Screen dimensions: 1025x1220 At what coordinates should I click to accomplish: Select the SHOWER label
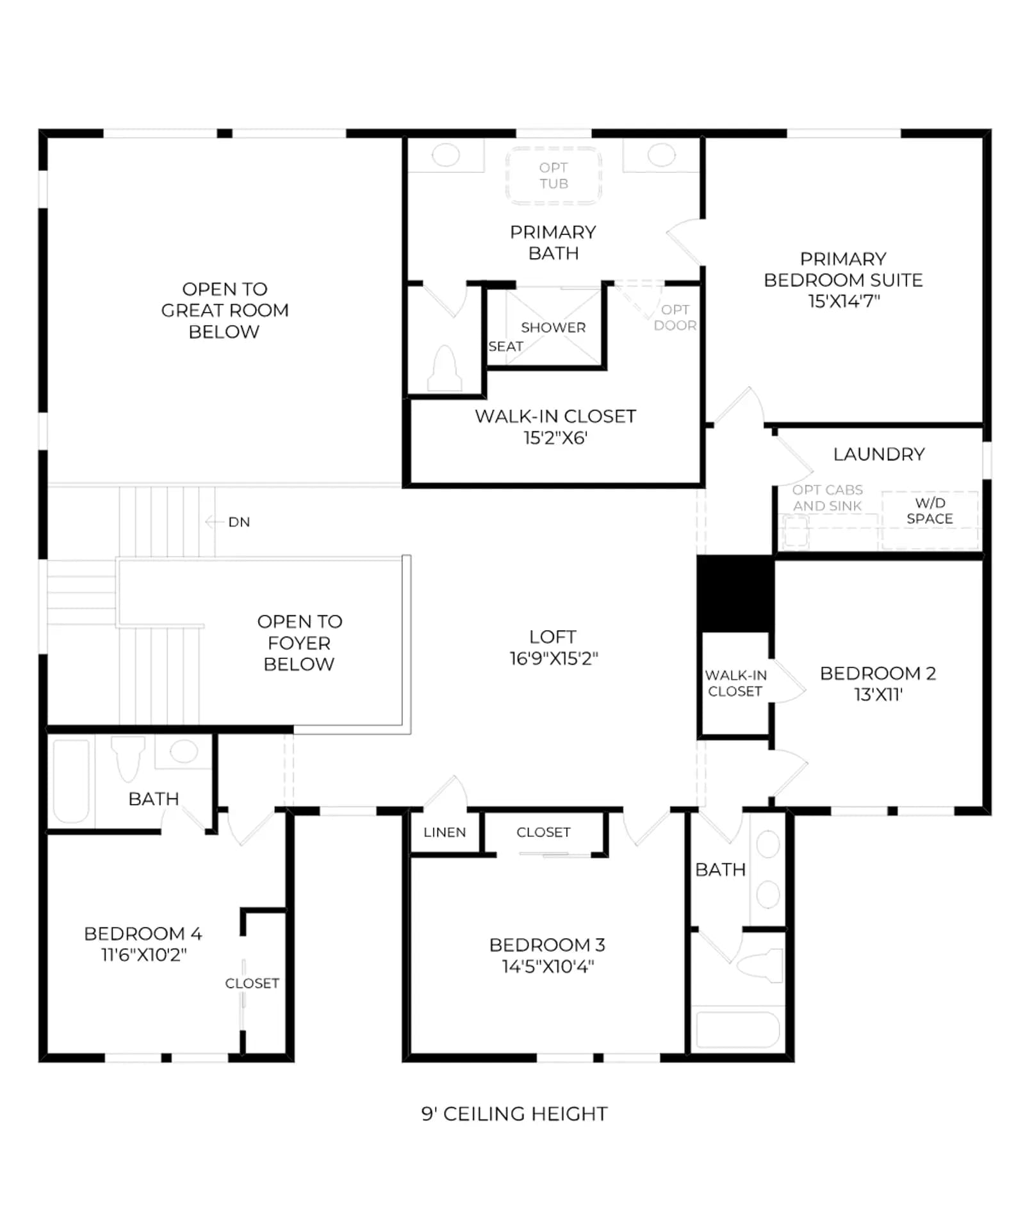[553, 327]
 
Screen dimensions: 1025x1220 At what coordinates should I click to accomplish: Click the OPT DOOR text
[675, 317]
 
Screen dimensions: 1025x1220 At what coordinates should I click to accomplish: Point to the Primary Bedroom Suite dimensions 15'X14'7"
[844, 301]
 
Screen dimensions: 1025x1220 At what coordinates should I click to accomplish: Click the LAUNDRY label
[879, 454]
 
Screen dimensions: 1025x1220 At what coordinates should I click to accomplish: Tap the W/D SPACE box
[930, 520]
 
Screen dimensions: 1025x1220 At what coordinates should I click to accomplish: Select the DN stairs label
[239, 522]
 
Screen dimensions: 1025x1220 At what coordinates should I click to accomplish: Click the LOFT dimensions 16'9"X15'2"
[553, 658]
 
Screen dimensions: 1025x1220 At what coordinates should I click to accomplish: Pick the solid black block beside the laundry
[735, 594]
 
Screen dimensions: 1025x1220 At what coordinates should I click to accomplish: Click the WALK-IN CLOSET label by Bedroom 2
[735, 683]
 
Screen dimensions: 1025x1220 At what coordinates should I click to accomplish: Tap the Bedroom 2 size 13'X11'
[878, 695]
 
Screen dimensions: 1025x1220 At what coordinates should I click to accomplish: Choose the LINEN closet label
[445, 833]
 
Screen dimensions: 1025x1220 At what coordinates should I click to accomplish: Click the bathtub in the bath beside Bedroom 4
[71, 781]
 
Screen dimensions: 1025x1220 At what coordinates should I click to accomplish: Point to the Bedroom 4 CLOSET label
[252, 983]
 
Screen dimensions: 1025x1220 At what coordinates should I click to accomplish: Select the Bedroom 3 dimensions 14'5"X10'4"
[548, 966]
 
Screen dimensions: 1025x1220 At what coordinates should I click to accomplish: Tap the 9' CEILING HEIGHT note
[514, 1114]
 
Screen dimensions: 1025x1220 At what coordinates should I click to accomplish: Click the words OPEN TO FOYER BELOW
[299, 642]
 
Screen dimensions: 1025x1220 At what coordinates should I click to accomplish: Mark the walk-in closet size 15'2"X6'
[555, 438]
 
